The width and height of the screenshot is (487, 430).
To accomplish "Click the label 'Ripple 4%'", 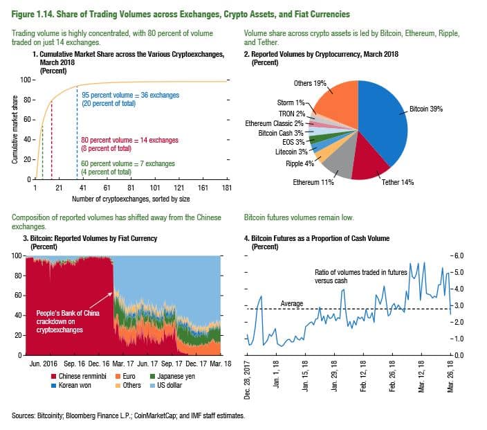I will click(300, 164).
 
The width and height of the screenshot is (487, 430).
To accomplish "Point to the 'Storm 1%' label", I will click(290, 102).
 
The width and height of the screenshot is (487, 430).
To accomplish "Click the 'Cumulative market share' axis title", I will click(15, 131).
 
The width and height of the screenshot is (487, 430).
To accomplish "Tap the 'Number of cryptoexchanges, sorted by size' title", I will click(131, 199).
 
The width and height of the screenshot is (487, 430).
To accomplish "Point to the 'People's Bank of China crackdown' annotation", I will click(59, 322).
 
